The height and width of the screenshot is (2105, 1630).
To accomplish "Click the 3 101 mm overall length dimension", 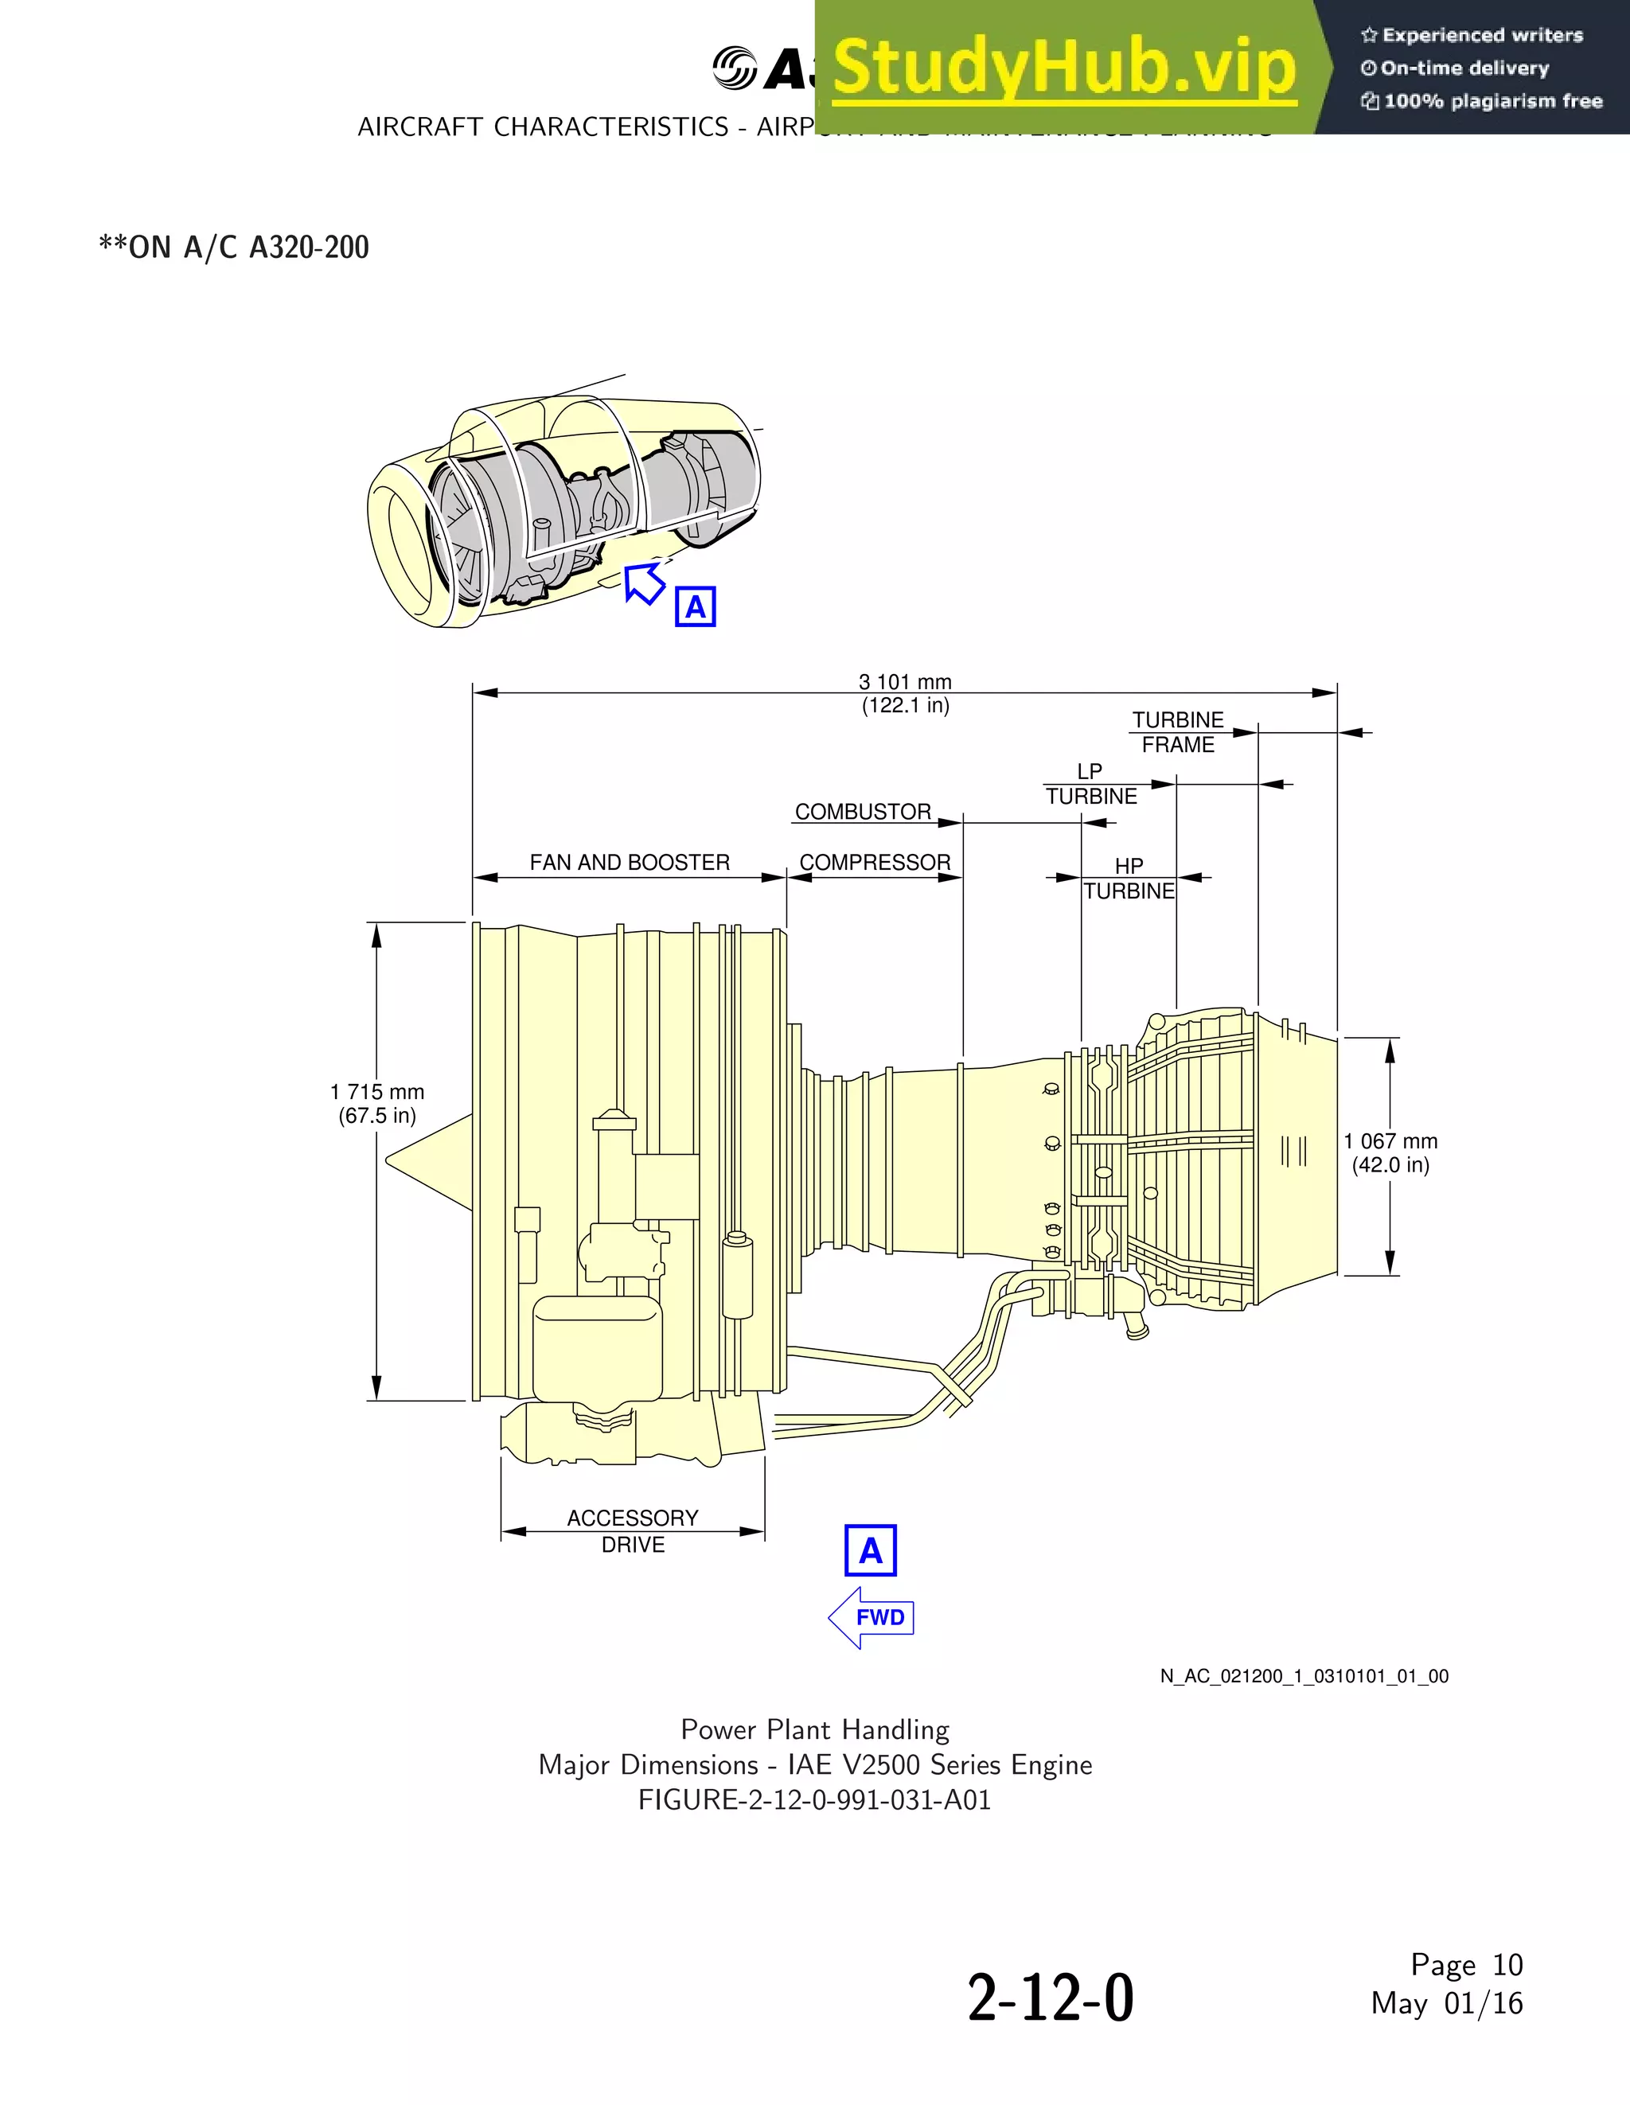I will (x=904, y=693).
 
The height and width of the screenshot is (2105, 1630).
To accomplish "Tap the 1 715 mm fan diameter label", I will (x=377, y=1104).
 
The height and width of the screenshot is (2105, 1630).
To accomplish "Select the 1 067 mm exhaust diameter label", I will (x=1390, y=1152).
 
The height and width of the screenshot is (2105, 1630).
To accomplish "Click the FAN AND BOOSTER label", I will (x=630, y=863).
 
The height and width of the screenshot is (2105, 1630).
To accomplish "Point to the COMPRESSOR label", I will (x=874, y=863).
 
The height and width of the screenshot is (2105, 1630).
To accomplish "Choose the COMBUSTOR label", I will (x=863, y=812).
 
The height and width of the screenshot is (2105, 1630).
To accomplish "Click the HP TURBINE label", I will (x=1129, y=879).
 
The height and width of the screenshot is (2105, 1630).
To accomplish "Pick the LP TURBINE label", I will (x=1091, y=785).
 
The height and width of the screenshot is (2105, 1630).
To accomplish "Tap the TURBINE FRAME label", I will (x=1177, y=732).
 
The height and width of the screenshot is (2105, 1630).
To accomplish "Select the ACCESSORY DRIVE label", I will (x=632, y=1530).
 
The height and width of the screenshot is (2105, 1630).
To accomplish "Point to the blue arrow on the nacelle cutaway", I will (x=644, y=583).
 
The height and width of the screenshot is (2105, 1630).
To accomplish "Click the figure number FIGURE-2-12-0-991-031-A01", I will (x=814, y=1800).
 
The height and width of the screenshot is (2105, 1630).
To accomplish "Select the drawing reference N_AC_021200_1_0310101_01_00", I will (x=1304, y=1676).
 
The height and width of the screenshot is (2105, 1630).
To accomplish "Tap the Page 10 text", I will (x=1466, y=1964).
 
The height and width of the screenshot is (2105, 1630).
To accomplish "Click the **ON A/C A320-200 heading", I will (x=234, y=248).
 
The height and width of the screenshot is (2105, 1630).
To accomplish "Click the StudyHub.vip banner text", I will (x=1063, y=68).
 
